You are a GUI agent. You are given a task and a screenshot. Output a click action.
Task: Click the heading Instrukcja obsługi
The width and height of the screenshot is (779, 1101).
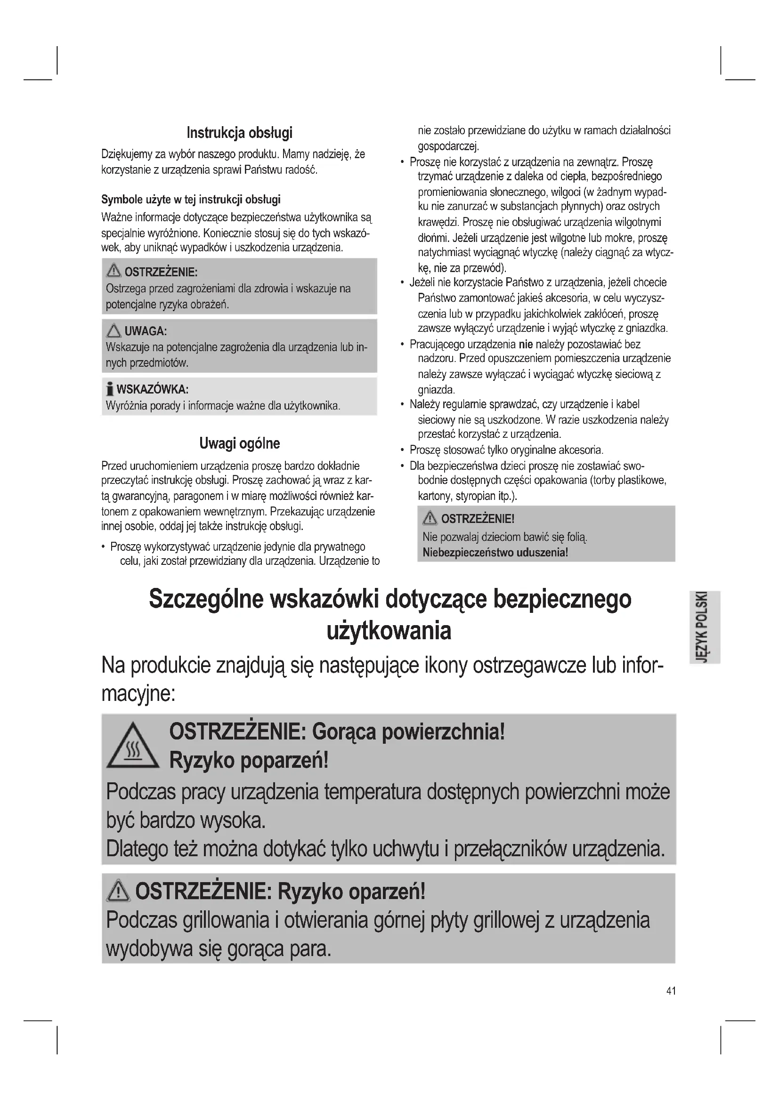point(239,133)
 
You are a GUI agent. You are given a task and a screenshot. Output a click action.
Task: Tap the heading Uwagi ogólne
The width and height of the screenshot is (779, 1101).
point(239,443)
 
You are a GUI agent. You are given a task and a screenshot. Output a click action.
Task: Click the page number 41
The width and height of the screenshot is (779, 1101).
point(671,991)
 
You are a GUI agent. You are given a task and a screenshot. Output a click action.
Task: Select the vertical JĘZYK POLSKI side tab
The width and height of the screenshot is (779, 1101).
point(704,627)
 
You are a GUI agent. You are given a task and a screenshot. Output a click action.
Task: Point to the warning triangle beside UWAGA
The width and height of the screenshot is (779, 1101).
point(114,331)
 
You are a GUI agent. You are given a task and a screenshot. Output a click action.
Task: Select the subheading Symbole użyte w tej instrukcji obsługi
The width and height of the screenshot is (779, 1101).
point(191,200)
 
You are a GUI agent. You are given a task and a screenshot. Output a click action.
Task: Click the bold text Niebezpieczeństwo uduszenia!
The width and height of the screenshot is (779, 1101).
point(495,553)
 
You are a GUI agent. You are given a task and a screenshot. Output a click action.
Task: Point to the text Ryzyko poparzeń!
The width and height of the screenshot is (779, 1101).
point(249,761)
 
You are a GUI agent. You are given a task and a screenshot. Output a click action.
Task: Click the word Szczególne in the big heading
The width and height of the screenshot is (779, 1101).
point(206,599)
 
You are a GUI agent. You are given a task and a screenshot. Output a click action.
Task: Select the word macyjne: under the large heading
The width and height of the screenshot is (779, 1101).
point(138,694)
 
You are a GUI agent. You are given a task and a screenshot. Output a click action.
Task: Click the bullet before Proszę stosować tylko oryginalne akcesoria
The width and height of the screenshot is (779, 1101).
point(402,450)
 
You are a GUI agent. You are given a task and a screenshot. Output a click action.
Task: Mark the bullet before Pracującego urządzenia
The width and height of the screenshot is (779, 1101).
point(402,344)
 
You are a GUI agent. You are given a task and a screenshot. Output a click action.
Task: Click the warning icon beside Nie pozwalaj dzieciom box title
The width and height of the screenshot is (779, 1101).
point(430,518)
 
